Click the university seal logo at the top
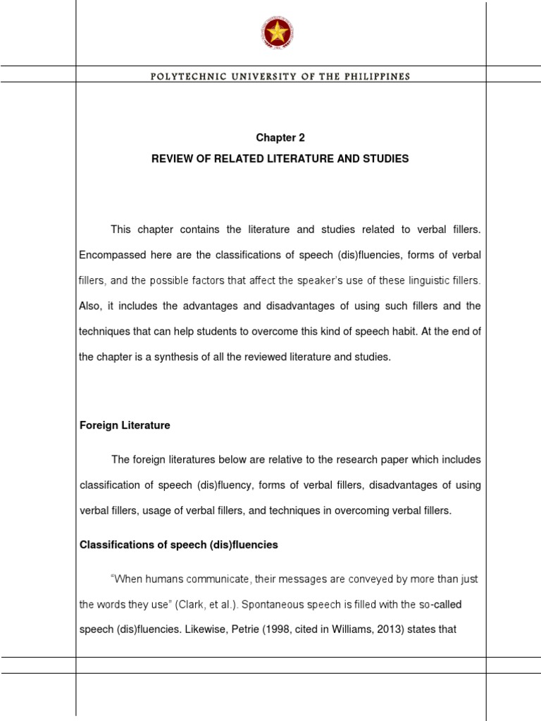[x=277, y=32]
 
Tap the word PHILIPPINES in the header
[x=380, y=76]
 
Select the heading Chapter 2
[x=280, y=138]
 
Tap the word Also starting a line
[x=90, y=306]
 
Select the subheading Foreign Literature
[x=125, y=425]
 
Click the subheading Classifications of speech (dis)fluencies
[x=179, y=544]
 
